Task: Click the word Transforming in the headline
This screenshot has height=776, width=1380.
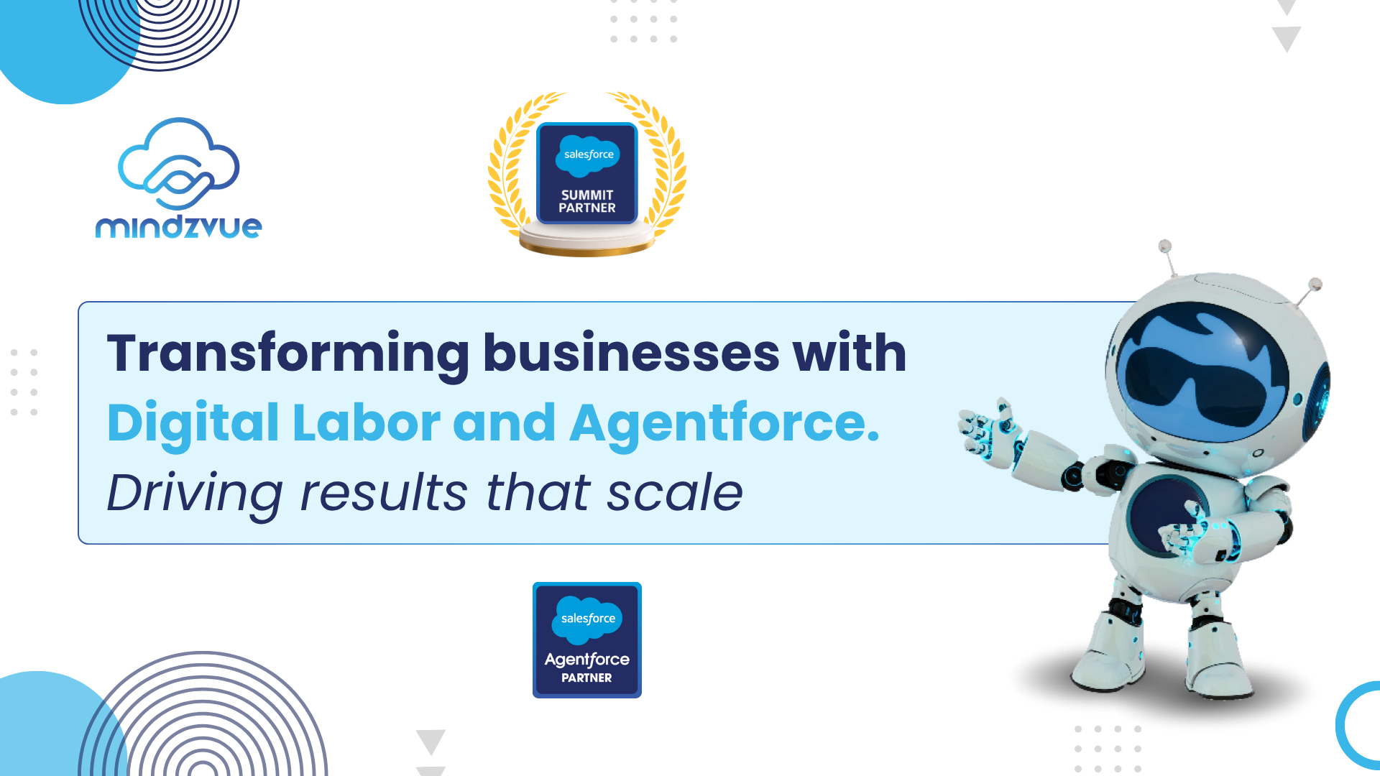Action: click(288, 354)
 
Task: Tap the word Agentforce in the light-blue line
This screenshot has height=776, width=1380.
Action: click(724, 423)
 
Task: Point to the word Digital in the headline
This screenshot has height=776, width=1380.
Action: click(193, 423)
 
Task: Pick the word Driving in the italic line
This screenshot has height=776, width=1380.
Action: click(195, 494)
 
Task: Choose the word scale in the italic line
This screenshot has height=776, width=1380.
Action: click(675, 493)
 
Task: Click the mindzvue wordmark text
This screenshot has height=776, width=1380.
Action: click(179, 227)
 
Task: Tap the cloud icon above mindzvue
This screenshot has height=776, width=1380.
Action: click(178, 164)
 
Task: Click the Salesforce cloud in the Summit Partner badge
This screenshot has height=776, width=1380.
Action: click(588, 155)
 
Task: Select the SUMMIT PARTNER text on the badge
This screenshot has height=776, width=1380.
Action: click(587, 201)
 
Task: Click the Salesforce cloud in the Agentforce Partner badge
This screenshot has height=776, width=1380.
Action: click(587, 619)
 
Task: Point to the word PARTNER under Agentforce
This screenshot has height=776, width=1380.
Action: click(586, 678)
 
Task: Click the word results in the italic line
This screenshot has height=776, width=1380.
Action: click(384, 493)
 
